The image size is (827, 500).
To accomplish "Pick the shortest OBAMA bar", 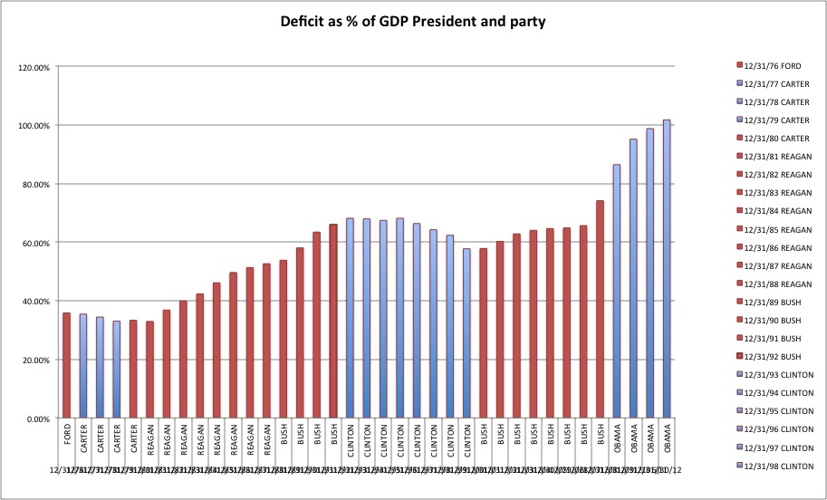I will point(616,291).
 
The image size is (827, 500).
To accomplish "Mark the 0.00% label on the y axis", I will point(35,418).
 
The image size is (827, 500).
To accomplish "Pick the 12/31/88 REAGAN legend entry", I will point(777,284).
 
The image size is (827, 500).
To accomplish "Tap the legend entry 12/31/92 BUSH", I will point(773,356).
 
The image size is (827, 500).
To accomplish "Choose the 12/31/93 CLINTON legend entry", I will point(778,374).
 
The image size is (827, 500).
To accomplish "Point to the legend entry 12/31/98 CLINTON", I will point(778,465).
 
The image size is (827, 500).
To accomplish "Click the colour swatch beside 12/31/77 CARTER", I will point(739,84).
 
